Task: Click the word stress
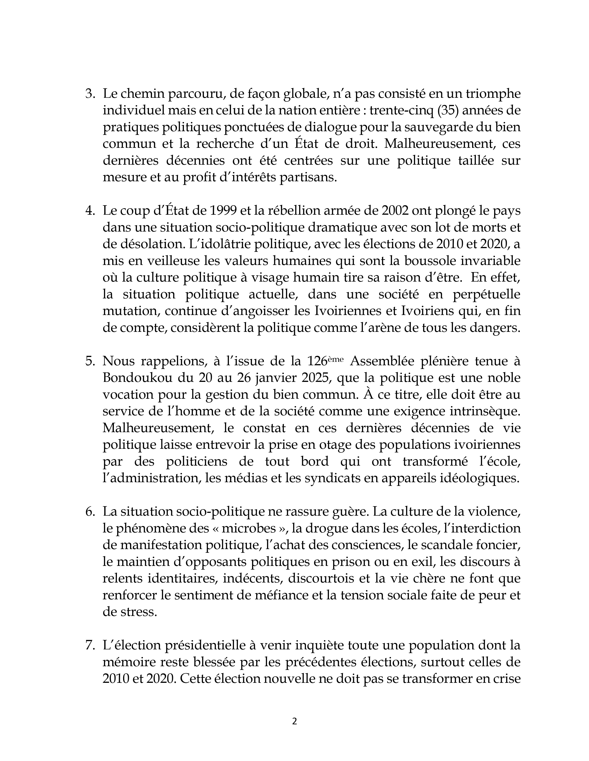[x=138, y=612]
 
